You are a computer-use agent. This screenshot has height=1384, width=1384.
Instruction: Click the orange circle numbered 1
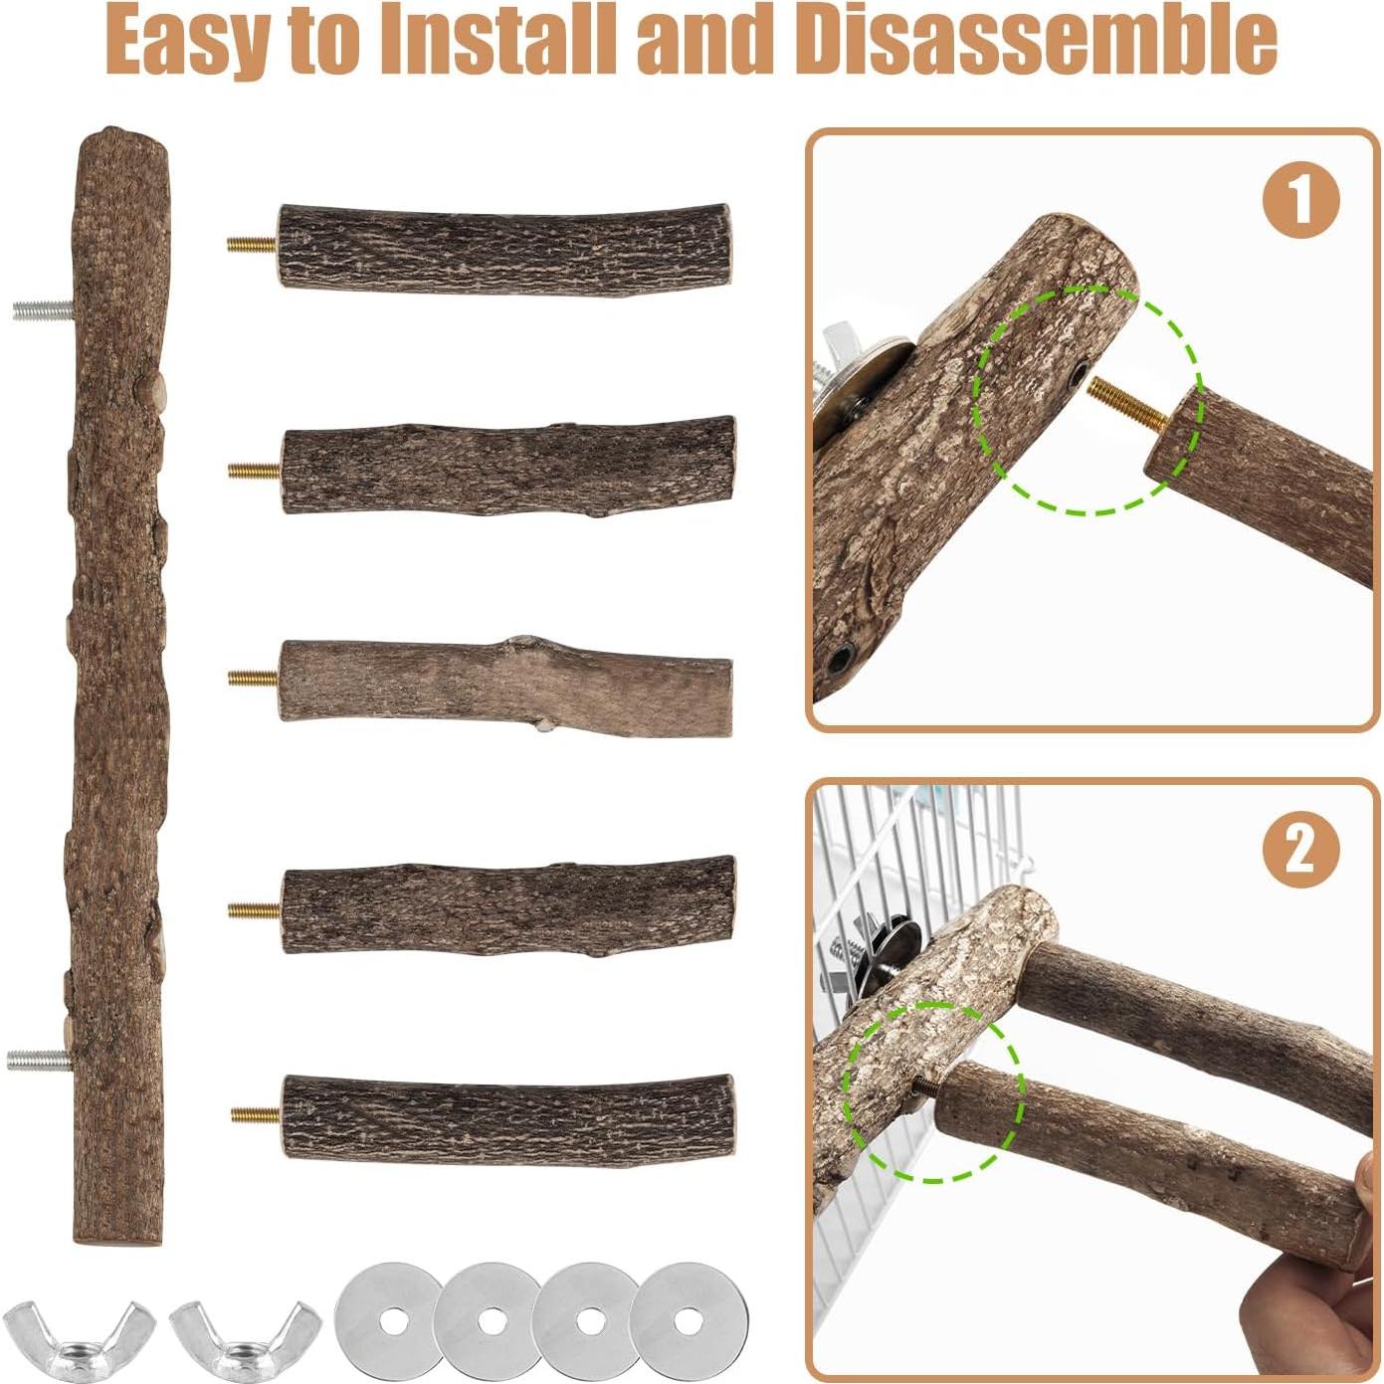pos(1300,200)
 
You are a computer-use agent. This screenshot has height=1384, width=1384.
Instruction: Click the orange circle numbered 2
pos(1300,850)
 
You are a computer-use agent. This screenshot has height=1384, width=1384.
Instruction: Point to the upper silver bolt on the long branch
pos(44,310)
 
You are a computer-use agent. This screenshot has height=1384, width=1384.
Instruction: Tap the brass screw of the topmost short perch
pos(253,244)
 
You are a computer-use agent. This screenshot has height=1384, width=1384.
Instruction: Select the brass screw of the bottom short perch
pos(257,1115)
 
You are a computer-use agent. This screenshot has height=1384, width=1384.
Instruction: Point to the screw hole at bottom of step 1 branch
pos(841,658)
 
